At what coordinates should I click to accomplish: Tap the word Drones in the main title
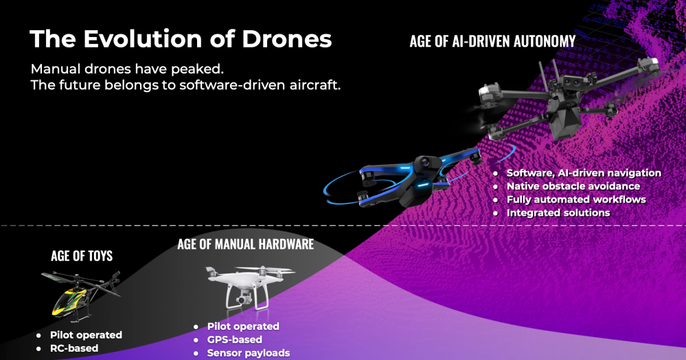point(287,39)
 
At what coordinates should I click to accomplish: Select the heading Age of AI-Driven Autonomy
point(492,42)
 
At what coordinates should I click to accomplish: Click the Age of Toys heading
point(82,256)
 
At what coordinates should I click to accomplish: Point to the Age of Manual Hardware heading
point(245,244)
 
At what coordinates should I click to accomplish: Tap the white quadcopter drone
point(250,288)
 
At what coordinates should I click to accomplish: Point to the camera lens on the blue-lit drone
point(425,163)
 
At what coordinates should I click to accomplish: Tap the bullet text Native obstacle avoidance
point(573,186)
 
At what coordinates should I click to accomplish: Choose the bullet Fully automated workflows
point(576,200)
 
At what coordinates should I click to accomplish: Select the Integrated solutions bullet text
point(558,213)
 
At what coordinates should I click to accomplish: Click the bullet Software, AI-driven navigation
point(584,173)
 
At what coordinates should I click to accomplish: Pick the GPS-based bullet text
point(234,339)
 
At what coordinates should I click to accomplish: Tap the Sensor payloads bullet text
point(249,353)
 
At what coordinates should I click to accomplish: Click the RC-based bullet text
point(74,348)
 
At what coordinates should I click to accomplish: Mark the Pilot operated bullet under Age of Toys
point(87,335)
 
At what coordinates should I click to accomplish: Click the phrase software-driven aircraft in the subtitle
point(260,85)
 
